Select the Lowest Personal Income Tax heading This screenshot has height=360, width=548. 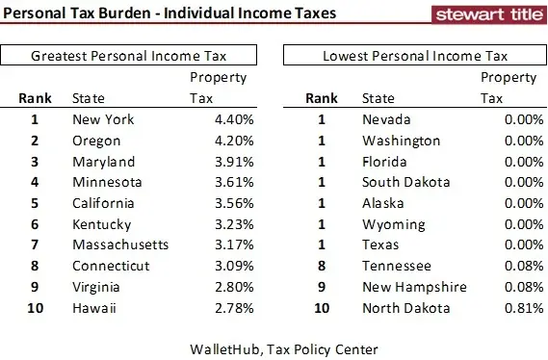click(416, 56)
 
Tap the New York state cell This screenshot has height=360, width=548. click(103, 119)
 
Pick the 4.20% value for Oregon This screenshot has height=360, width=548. click(232, 141)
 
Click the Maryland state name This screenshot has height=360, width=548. click(103, 162)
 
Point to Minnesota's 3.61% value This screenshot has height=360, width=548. click(232, 182)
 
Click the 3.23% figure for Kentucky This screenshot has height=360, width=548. click(232, 224)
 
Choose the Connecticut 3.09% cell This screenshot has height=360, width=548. click(232, 267)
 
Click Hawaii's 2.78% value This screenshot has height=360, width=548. click(232, 308)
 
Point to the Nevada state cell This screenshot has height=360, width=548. click(385, 119)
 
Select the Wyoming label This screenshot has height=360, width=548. click(393, 224)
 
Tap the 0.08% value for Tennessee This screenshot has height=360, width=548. click(511, 267)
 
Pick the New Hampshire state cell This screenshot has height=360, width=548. click(414, 287)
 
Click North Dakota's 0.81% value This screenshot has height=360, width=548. click(511, 308)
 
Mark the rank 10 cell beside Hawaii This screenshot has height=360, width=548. click(34, 308)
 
